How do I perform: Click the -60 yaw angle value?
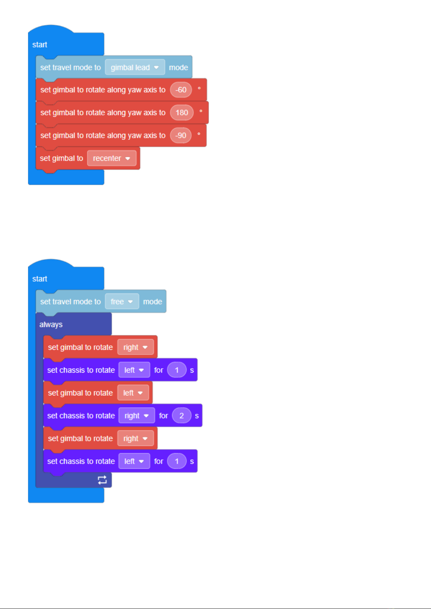coord(181,90)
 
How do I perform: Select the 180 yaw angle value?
coord(182,112)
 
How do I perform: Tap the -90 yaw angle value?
coord(181,136)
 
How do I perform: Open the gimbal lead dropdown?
coord(135,67)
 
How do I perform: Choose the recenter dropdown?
coord(112,158)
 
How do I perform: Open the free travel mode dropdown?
coord(122,301)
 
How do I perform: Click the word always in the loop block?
coord(51,325)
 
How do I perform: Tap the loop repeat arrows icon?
coord(102,480)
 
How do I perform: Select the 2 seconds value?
coord(182,415)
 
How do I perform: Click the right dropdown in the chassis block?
coord(137,415)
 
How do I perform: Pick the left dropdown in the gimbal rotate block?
coord(133,393)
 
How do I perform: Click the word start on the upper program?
coord(40,44)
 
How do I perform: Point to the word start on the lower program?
coord(40,279)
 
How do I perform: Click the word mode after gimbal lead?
coord(178,68)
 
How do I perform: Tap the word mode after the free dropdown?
coord(153,301)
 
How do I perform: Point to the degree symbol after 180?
coord(201,111)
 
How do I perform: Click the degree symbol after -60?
coord(199,88)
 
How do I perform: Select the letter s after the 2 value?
coord(197,416)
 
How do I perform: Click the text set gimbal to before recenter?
coord(61,158)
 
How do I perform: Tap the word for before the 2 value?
coord(163,415)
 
